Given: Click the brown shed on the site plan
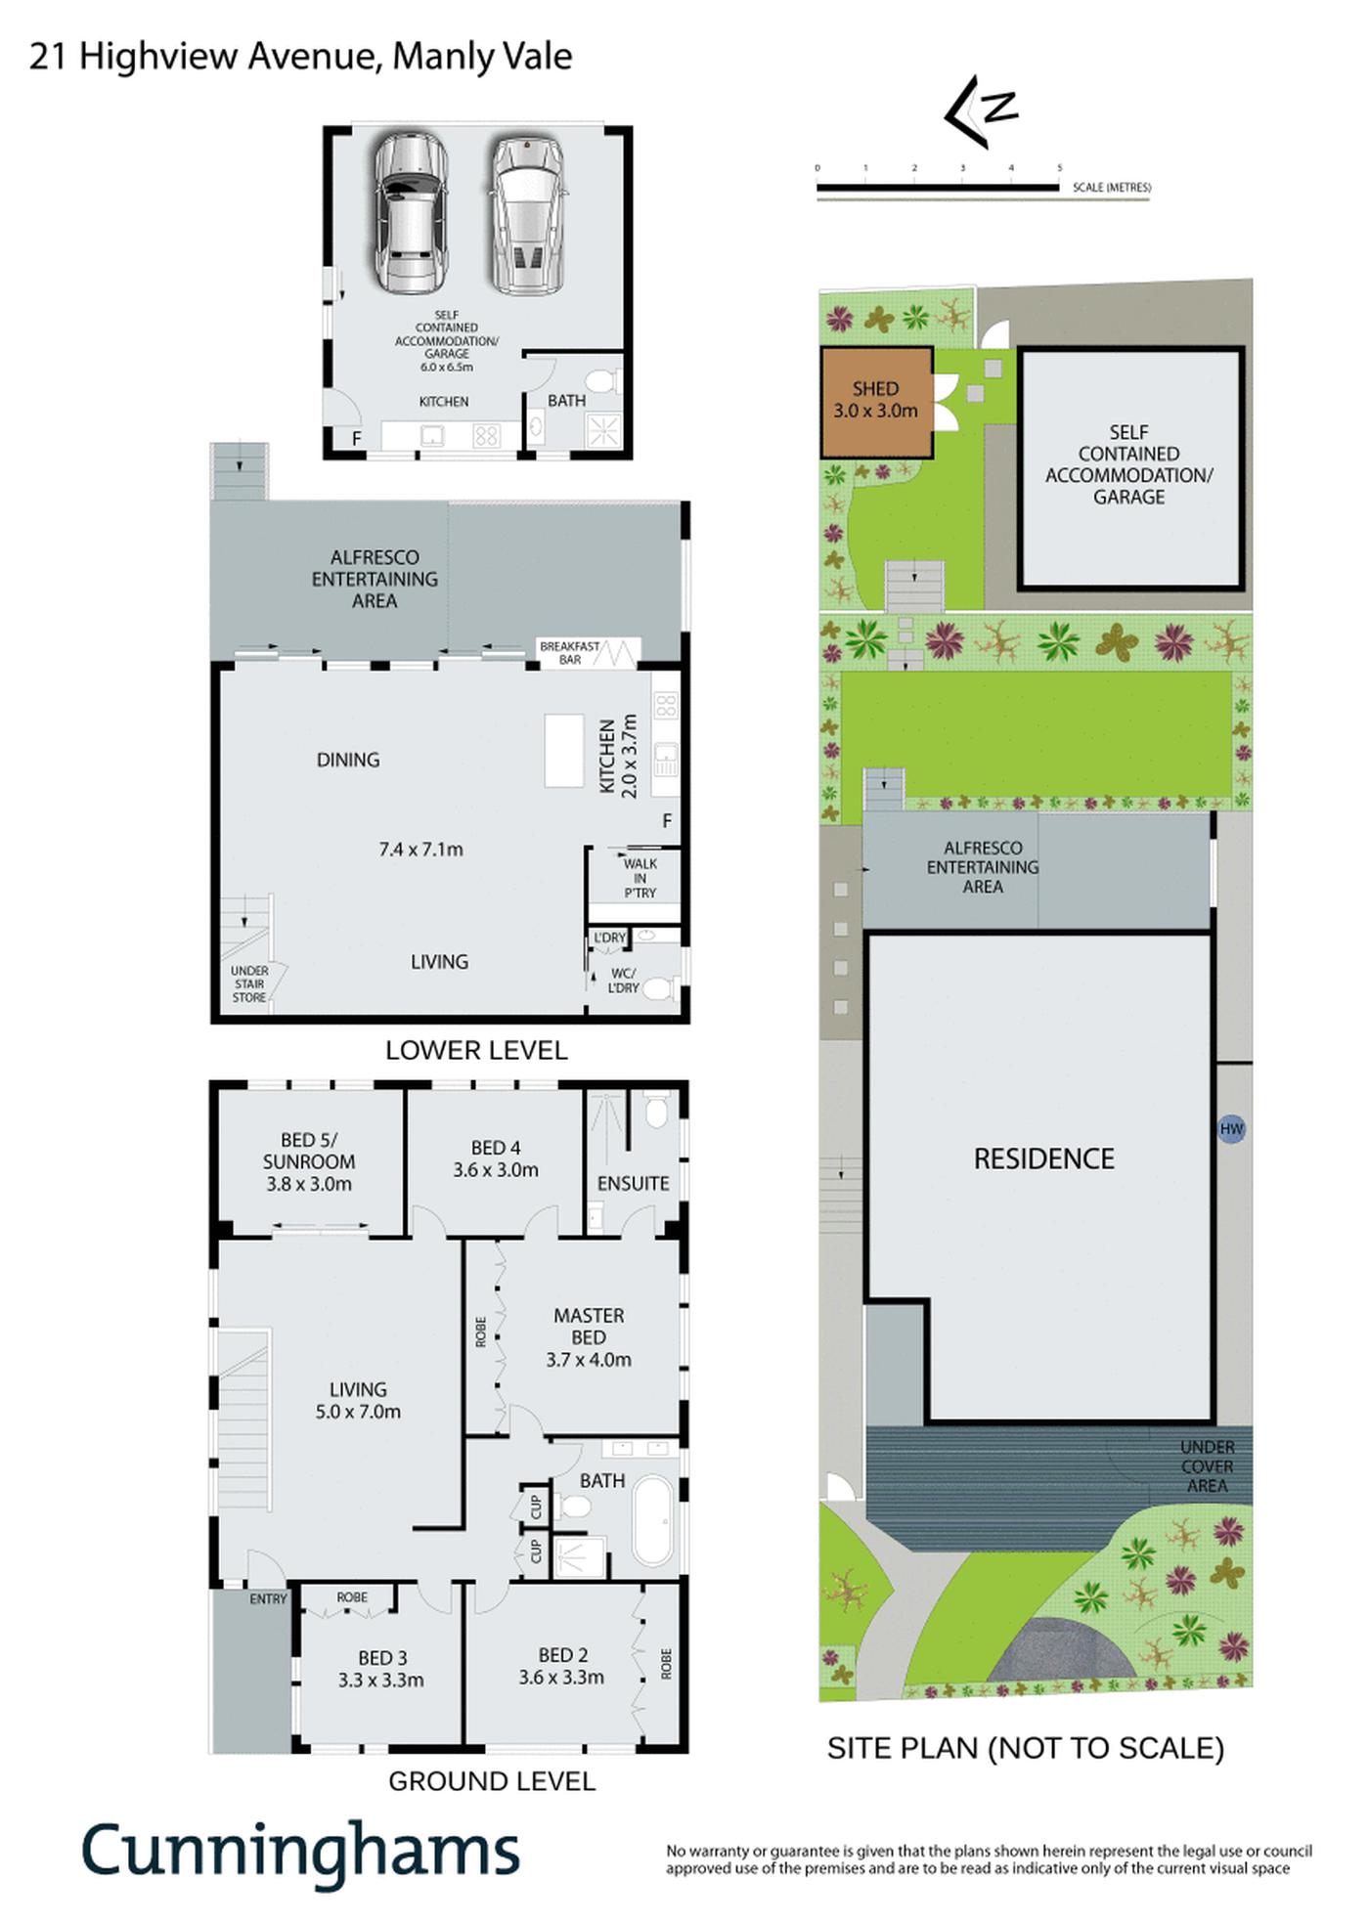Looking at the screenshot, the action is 875,402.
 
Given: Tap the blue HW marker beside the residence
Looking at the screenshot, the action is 1231,1129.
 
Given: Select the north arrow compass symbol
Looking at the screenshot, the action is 979,110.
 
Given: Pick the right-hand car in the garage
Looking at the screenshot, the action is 528,215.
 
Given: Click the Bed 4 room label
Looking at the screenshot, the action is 496,1158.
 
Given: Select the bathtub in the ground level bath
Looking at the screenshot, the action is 653,1521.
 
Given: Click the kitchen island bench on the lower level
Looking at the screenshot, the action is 564,751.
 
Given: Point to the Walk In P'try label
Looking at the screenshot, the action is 640,878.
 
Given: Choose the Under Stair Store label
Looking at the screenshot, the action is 249,984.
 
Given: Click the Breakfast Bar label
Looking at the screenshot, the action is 570,653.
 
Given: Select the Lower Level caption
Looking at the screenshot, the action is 476,1050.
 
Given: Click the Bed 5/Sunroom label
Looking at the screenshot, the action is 309,1161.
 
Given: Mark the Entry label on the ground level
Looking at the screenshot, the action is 268,1599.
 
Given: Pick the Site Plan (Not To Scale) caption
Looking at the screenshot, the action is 1026,1748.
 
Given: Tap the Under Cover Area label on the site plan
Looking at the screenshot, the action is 1207,1466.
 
